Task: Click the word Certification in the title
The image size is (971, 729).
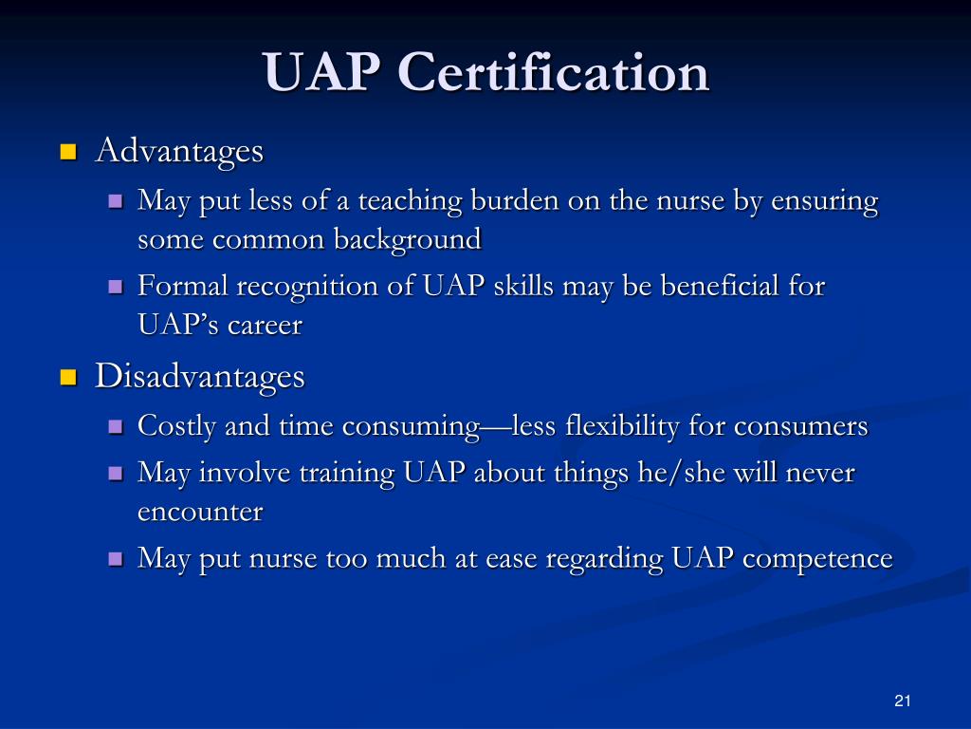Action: coord(554,73)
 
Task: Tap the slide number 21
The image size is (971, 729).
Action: coord(902,701)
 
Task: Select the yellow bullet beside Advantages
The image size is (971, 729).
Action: coord(67,152)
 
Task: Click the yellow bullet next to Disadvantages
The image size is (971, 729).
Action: coord(67,378)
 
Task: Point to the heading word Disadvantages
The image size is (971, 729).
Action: coord(200,377)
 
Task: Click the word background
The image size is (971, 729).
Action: coord(406,239)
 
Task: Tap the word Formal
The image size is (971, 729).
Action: coord(183,286)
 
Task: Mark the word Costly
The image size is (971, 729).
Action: coord(177,427)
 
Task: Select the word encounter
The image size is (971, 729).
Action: coord(200,512)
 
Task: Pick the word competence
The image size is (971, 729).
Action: coord(817,558)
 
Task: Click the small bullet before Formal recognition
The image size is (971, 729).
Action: coord(116,287)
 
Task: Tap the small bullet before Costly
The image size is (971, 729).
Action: coord(116,427)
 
